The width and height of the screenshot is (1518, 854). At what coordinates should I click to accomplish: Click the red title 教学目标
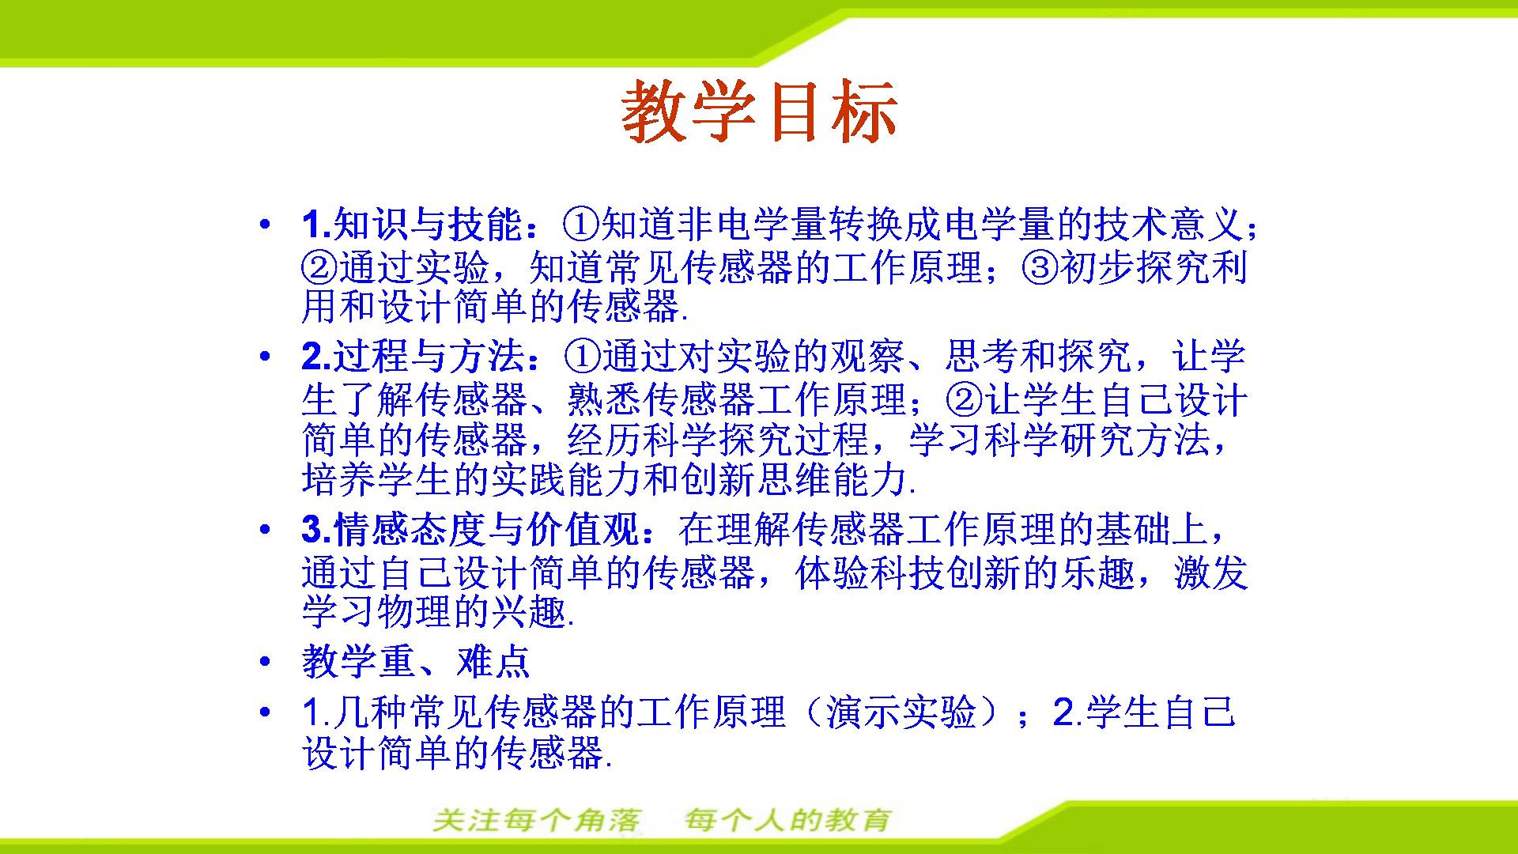pos(759,111)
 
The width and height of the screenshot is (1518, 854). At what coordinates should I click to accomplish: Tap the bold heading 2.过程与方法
pos(413,357)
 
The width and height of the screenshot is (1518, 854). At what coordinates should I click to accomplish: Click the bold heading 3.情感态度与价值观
pos(470,530)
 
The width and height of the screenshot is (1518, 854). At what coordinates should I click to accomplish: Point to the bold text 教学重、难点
pos(416,662)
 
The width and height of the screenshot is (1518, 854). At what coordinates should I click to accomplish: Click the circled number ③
pos(1040,268)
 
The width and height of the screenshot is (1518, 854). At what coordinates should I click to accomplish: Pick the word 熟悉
pos(605,400)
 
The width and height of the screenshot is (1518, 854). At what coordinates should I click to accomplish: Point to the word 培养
pos(339,479)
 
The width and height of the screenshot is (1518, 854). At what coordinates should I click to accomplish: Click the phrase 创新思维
pos(757,479)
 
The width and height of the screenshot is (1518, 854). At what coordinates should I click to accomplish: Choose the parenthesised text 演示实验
pos(901,712)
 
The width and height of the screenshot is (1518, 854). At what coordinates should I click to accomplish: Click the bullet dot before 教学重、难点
pos(265,662)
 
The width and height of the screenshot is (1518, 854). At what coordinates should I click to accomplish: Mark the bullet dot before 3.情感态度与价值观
pos(265,530)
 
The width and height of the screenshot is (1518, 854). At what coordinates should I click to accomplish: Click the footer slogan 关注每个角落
pos(537,820)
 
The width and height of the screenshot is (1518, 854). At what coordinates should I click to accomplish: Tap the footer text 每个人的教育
pos(788,820)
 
